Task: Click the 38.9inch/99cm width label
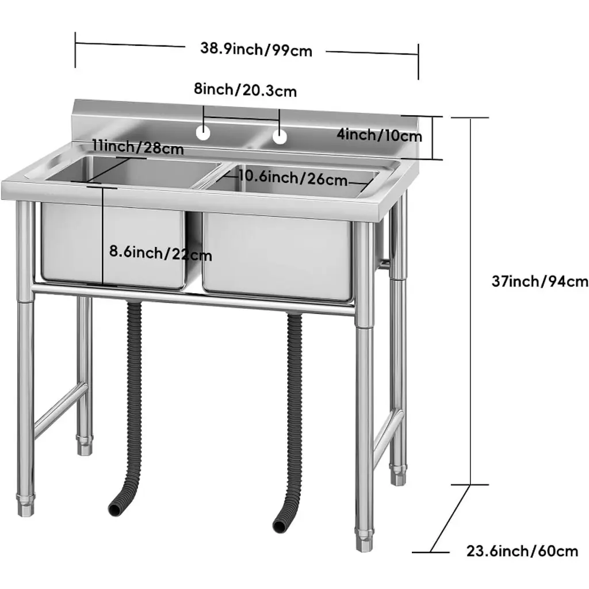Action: tap(256, 49)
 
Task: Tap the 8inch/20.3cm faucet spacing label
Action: tap(245, 90)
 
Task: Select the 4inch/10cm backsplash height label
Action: tap(380, 135)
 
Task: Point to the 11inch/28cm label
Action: tap(138, 147)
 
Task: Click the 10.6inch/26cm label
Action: tap(293, 178)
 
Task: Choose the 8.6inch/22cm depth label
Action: tap(161, 253)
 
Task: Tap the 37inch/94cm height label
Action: tap(540, 281)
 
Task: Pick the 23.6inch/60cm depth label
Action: tap(522, 551)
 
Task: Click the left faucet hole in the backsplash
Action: tap(203, 133)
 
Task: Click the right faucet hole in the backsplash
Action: tap(280, 137)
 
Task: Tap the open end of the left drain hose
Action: tap(114, 508)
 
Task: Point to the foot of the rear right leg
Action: tap(398, 475)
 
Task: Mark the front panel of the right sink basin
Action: tap(278, 256)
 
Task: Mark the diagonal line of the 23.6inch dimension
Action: tap(450, 518)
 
